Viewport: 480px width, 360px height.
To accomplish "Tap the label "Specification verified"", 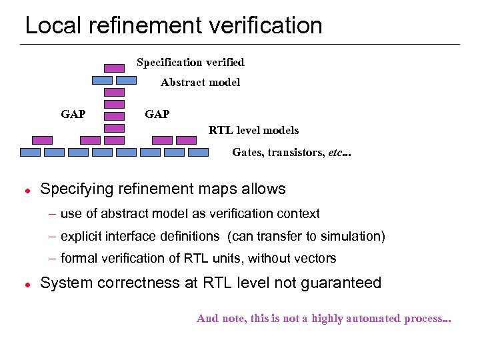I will click(x=190, y=62).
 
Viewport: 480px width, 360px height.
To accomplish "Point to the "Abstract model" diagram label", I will click(x=200, y=83).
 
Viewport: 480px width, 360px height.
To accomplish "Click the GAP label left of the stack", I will click(x=73, y=114).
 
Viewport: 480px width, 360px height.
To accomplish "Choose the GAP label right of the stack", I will click(x=157, y=114).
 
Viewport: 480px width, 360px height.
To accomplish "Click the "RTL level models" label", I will click(x=253, y=130).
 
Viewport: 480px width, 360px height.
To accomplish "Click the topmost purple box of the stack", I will click(x=115, y=68).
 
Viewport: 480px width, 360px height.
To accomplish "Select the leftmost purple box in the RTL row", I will click(x=43, y=140).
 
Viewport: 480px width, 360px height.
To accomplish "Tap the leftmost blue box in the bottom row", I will click(x=31, y=152).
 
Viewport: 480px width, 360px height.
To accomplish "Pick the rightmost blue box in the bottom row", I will click(x=199, y=152).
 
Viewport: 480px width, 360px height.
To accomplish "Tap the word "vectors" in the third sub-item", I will click(x=315, y=258).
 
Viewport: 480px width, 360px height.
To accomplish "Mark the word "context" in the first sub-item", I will click(x=298, y=213).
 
